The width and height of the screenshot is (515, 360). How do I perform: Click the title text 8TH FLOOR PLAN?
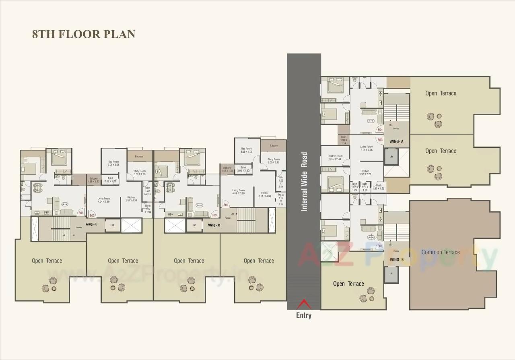pyautogui.click(x=84, y=34)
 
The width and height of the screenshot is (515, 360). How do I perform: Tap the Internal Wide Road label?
pyautogui.click(x=304, y=181)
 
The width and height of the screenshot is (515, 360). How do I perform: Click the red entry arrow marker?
pyautogui.click(x=304, y=304)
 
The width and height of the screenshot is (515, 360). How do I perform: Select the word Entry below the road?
pyautogui.click(x=304, y=315)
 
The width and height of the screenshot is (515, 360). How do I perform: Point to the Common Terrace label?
pyautogui.click(x=440, y=252)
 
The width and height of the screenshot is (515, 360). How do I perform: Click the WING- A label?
pyautogui.click(x=396, y=141)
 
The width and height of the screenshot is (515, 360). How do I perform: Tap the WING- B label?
pyautogui.click(x=396, y=259)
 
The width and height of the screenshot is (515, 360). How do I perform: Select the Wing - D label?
pyautogui.click(x=91, y=224)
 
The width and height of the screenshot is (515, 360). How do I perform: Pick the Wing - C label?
pyautogui.click(x=214, y=225)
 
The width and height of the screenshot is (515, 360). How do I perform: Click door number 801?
pyautogui.click(x=81, y=213)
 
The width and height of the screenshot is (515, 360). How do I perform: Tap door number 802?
pyautogui.click(x=92, y=216)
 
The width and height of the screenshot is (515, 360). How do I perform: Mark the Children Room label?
pyautogui.click(x=335, y=157)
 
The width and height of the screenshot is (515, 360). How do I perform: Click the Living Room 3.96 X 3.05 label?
pyautogui.click(x=367, y=148)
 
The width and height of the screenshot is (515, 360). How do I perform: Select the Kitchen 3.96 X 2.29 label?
pyautogui.click(x=365, y=173)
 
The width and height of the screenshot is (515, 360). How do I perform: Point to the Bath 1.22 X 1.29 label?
pyautogui.click(x=365, y=186)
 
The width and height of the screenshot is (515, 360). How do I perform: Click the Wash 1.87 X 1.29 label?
pyautogui.click(x=379, y=187)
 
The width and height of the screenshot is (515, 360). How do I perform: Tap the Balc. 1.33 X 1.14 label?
pyautogui.click(x=344, y=140)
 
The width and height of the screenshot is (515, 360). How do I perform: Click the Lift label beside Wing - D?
pyautogui.click(x=112, y=225)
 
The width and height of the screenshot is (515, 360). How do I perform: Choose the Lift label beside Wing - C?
pyautogui.click(x=194, y=226)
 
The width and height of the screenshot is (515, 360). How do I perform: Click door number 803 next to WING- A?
pyautogui.click(x=380, y=139)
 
